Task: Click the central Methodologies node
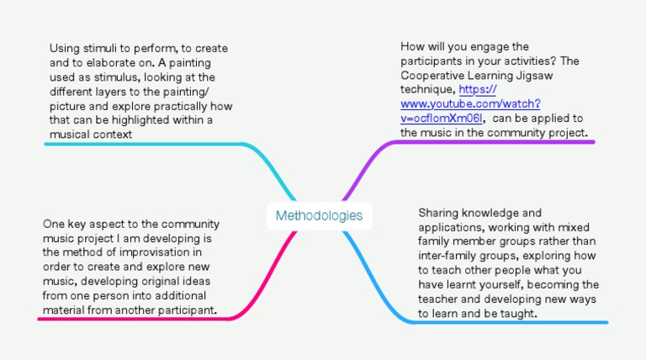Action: [319, 215]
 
